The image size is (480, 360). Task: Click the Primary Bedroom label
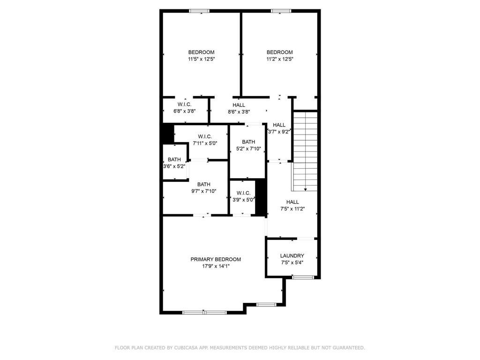(x=215, y=259)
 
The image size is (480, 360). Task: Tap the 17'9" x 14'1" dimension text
(x=215, y=266)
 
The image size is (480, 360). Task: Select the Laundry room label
(x=292, y=256)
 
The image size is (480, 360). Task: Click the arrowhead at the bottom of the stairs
(x=305, y=189)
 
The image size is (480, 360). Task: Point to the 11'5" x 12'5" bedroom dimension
(x=201, y=59)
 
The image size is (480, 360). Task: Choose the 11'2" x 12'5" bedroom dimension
(x=279, y=59)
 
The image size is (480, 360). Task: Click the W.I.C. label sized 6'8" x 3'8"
(x=184, y=104)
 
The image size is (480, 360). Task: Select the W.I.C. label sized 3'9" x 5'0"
(x=243, y=193)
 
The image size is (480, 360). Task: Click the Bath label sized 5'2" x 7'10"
(x=248, y=142)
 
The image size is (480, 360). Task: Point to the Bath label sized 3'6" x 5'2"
(x=174, y=159)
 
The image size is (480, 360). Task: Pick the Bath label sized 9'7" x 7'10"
(x=203, y=184)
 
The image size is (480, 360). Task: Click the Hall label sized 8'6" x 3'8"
(x=239, y=105)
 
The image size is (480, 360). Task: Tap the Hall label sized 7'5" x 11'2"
(x=292, y=202)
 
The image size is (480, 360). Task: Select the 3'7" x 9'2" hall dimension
(x=279, y=132)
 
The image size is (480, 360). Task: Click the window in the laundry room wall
(x=303, y=277)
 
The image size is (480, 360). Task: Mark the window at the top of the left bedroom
(x=199, y=11)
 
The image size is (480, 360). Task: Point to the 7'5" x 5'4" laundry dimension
(x=292, y=262)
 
